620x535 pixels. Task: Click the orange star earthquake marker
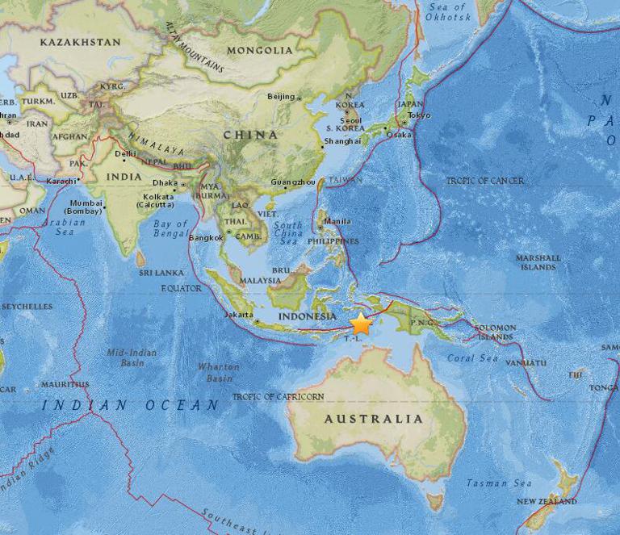pyautogui.click(x=361, y=324)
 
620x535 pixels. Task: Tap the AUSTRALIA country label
pyautogui.click(x=373, y=419)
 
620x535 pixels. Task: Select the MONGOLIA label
pyautogui.click(x=260, y=50)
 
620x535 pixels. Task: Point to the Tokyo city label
pyautogui.click(x=419, y=115)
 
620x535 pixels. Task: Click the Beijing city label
pyautogui.click(x=281, y=97)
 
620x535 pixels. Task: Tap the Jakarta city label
pyautogui.click(x=239, y=315)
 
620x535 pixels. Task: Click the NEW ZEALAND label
pyautogui.click(x=547, y=501)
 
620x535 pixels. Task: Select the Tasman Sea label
pyautogui.click(x=499, y=483)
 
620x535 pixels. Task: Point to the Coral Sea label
pyautogui.click(x=472, y=357)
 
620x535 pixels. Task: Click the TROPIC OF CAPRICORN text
pyautogui.click(x=278, y=397)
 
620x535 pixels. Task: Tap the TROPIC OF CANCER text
pyautogui.click(x=484, y=181)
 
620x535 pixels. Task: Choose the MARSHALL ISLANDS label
pyautogui.click(x=538, y=262)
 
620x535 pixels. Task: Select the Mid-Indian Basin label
pyautogui.click(x=132, y=357)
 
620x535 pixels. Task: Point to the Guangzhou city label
pyautogui.click(x=292, y=182)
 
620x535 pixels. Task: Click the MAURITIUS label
pyautogui.click(x=65, y=384)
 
